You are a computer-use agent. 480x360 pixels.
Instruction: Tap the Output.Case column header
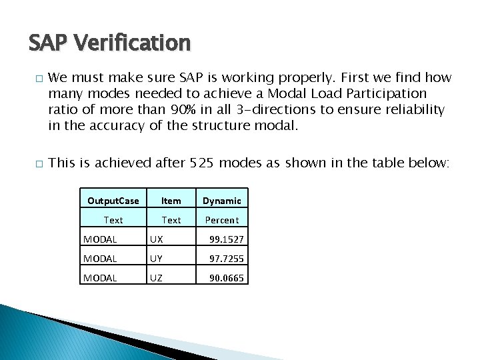113,201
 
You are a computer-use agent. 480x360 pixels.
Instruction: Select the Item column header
171,201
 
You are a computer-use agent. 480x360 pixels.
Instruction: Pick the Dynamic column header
222,201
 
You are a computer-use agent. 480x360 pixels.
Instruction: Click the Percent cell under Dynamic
222,220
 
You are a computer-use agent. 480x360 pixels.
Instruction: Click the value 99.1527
227,239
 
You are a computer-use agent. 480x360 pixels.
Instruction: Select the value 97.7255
227,259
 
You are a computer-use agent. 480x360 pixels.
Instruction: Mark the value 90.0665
227,278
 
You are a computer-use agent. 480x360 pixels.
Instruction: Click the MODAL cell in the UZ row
100,278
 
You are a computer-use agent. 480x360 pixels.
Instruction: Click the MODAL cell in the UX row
100,239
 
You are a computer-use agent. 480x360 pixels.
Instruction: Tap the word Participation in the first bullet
388,93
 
